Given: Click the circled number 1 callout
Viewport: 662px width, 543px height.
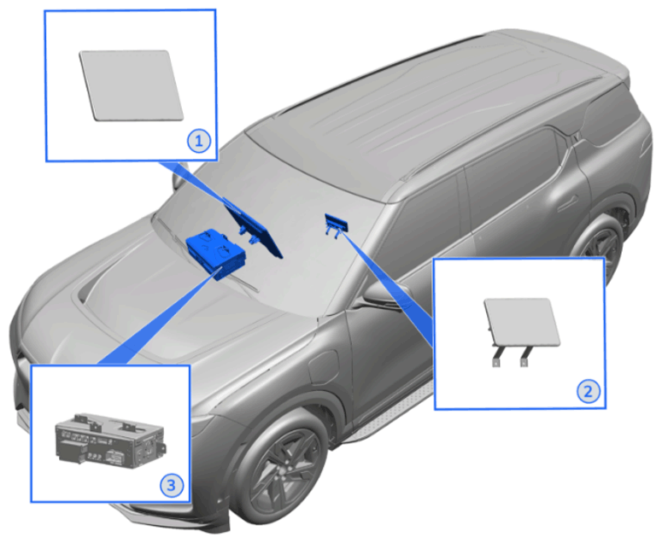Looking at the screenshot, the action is (x=199, y=141).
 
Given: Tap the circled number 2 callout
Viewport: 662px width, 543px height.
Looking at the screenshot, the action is (x=589, y=391).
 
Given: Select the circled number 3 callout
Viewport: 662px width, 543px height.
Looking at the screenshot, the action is (x=172, y=485).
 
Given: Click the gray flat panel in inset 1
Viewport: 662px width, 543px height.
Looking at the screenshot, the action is (x=132, y=85).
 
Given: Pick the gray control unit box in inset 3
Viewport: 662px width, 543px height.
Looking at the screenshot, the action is (x=110, y=441).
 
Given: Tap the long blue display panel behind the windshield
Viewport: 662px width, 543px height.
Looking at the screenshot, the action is (x=253, y=227).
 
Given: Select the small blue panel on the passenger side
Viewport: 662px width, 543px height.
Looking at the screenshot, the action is (x=336, y=225).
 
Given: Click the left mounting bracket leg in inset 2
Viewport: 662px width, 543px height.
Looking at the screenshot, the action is (x=497, y=357).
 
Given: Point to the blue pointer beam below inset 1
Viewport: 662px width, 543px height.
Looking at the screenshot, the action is (x=198, y=184).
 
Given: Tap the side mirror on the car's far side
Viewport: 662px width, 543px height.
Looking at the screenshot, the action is (x=179, y=177).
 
